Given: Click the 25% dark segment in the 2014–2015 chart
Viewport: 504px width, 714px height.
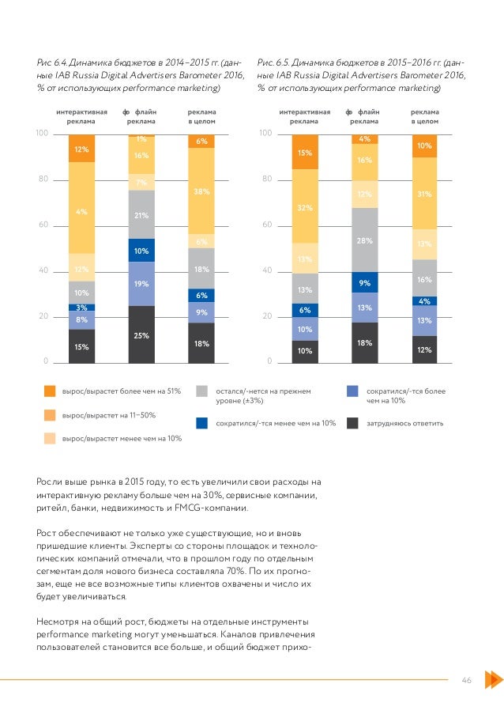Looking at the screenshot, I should (x=141, y=334).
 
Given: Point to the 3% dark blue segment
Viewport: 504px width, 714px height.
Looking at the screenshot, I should (x=81, y=307).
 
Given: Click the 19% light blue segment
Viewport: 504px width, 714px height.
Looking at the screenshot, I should (x=141, y=283).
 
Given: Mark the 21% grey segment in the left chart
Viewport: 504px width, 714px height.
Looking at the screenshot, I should (x=141, y=214).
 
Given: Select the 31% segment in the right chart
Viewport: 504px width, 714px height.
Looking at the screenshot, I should (x=424, y=194).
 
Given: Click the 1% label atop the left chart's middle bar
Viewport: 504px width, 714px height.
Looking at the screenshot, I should (x=141, y=139).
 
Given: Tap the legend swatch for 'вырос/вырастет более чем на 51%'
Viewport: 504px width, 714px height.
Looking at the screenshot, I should (x=50, y=391).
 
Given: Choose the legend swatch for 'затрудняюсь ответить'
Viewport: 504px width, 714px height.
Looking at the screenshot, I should (x=353, y=423).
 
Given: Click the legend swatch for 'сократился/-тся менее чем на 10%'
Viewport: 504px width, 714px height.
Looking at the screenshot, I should (x=201, y=423).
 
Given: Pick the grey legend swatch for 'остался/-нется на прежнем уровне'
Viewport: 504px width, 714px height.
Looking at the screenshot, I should (x=201, y=391).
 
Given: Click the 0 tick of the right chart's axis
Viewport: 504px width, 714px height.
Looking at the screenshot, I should (x=267, y=362).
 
